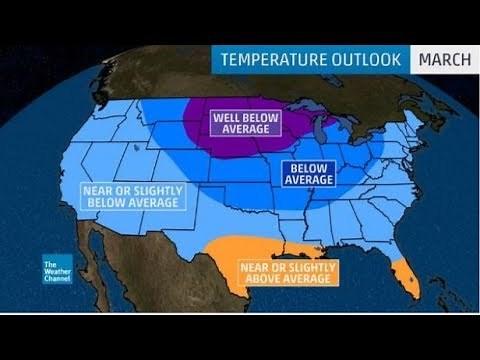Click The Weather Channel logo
[57, 271]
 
